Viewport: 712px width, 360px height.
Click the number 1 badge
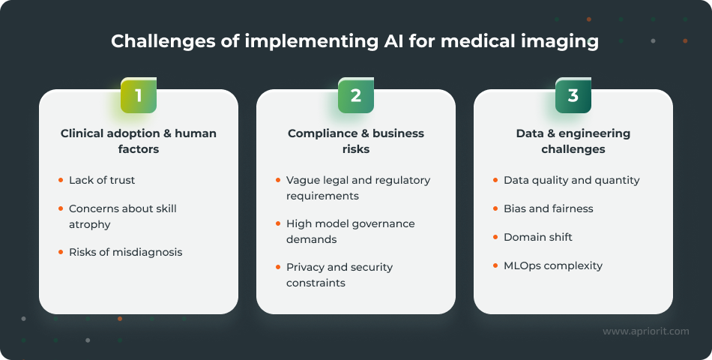pyautogui.click(x=139, y=95)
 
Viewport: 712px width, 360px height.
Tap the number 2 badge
pyautogui.click(x=355, y=95)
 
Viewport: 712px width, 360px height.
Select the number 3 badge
pyautogui.click(x=573, y=95)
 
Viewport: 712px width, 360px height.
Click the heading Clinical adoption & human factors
pyautogui.click(x=139, y=141)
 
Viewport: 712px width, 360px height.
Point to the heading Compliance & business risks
pyautogui.click(x=355, y=141)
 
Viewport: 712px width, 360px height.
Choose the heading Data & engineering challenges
pyautogui.click(x=573, y=141)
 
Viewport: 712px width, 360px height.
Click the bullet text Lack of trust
pyautogui.click(x=102, y=180)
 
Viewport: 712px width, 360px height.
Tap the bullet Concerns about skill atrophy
pyautogui.click(x=122, y=216)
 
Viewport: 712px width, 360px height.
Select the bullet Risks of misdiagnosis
pyautogui.click(x=125, y=252)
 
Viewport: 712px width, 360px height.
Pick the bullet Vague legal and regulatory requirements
pyautogui.click(x=357, y=187)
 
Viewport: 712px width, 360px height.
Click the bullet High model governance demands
pyautogui.click(x=350, y=231)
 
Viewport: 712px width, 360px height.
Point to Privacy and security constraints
pyautogui.click(x=339, y=274)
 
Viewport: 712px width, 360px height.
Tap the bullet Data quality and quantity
pyautogui.click(x=571, y=180)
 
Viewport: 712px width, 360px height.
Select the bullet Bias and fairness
pyautogui.click(x=548, y=208)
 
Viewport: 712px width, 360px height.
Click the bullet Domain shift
pyautogui.click(x=537, y=237)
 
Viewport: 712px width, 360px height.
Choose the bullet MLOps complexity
pyautogui.click(x=552, y=265)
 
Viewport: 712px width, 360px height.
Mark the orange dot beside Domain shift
pyautogui.click(x=495, y=237)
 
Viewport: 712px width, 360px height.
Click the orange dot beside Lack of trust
pyautogui.click(x=61, y=180)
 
